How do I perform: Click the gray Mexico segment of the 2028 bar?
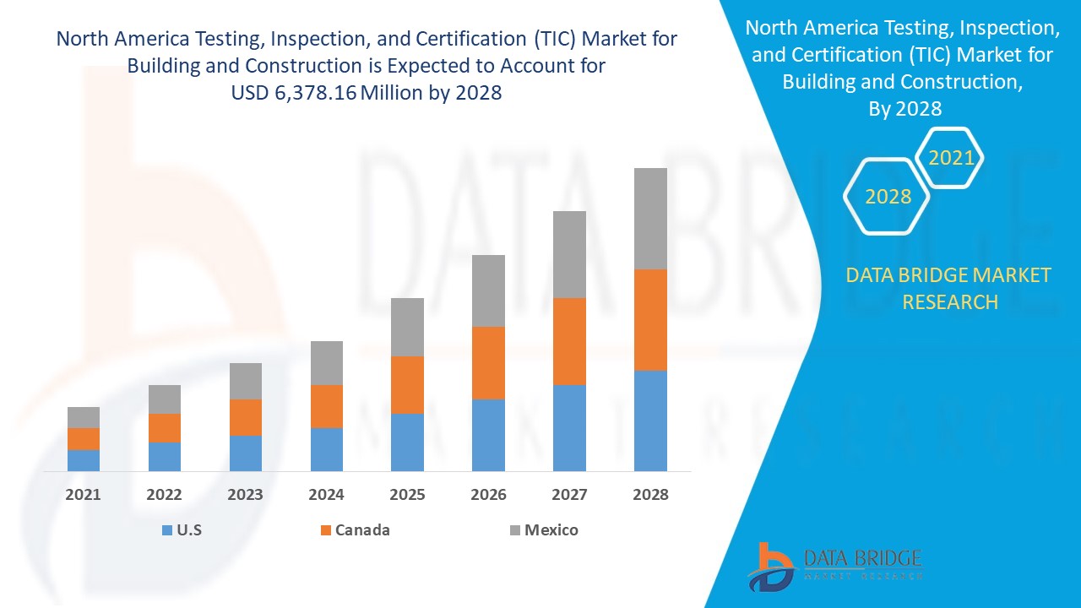[650, 218]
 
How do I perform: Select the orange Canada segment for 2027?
[569, 341]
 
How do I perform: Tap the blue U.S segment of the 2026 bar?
[488, 435]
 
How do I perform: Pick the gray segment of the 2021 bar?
[84, 417]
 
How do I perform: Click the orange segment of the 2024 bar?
[327, 406]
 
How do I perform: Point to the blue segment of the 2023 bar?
[246, 453]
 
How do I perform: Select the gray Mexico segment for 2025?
[407, 327]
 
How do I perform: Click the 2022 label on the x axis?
[164, 495]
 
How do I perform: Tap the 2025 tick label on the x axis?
[407, 495]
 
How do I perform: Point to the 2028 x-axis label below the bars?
[650, 495]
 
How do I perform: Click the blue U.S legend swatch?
[166, 530]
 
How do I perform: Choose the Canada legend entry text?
[362, 530]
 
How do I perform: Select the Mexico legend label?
[551, 530]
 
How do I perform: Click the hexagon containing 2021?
[951, 158]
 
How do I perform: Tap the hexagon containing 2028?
[888, 197]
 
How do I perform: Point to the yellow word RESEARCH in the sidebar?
[950, 301]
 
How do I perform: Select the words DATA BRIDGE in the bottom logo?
[861, 557]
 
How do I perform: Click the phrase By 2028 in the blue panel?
[904, 108]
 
